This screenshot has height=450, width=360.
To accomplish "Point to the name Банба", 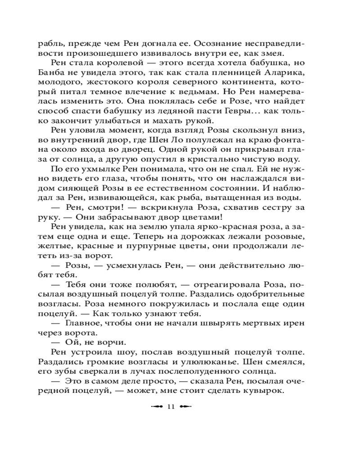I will coord(65,74).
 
